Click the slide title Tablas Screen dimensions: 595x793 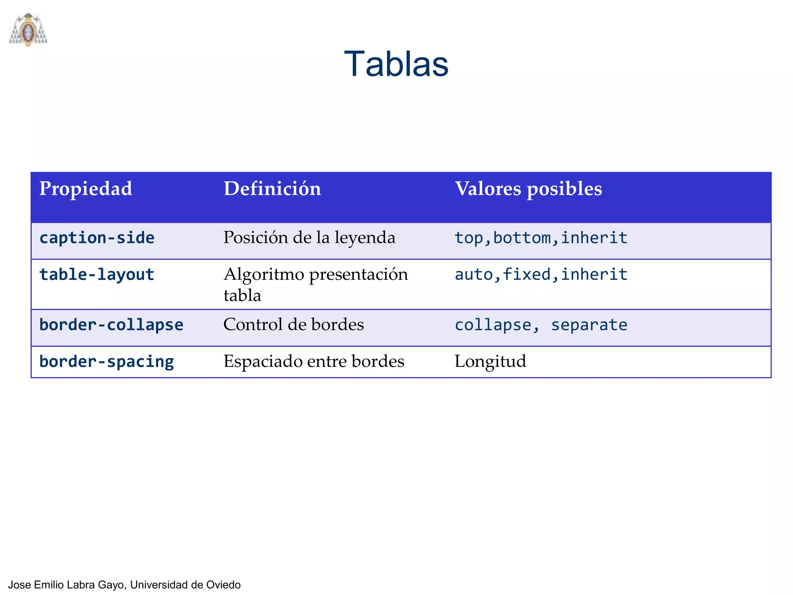click(x=396, y=64)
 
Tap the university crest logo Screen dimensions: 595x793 click(x=28, y=29)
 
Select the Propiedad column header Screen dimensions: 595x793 click(x=86, y=189)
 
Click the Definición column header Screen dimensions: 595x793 click(x=272, y=189)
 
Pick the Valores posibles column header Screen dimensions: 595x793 click(x=528, y=189)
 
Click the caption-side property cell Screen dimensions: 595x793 click(x=97, y=237)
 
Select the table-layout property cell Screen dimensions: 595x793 click(x=97, y=274)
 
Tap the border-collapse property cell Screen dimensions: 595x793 click(x=111, y=325)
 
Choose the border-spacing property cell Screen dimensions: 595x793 click(x=106, y=361)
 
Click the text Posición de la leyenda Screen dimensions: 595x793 click(x=309, y=237)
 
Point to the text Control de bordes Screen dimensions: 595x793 click(x=294, y=325)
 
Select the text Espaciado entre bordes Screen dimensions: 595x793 click(x=314, y=361)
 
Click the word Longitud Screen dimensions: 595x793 click(x=490, y=361)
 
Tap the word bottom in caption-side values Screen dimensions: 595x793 click(x=522, y=237)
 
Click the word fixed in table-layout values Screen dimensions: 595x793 click(x=526, y=274)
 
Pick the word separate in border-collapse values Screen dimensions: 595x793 click(x=589, y=325)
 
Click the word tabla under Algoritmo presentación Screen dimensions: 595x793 click(x=242, y=296)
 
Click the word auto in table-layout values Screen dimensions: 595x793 click(x=473, y=274)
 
